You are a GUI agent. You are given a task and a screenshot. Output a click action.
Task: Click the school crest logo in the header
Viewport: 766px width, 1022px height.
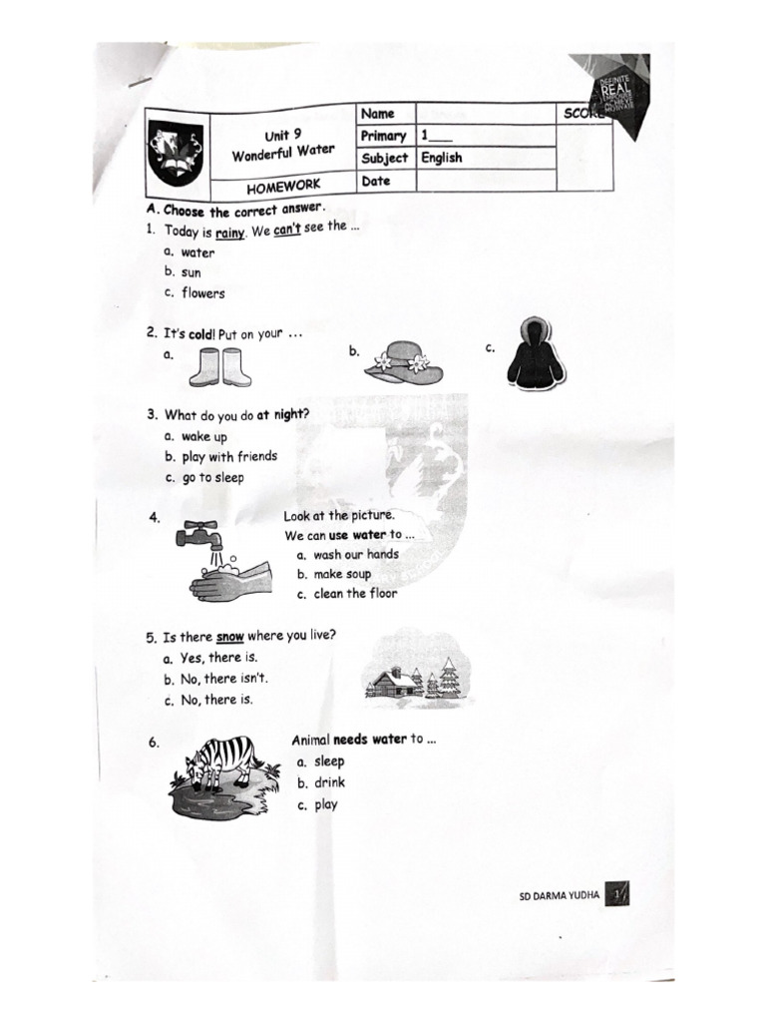(176, 153)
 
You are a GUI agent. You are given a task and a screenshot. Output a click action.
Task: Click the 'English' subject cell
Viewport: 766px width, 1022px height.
(442, 158)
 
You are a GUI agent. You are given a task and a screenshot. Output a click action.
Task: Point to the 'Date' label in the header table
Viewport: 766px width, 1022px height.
(376, 181)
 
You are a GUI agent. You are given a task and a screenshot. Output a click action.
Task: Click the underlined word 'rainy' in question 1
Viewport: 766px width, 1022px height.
(230, 233)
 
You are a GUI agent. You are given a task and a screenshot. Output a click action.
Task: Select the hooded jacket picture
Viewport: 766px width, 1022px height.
(536, 354)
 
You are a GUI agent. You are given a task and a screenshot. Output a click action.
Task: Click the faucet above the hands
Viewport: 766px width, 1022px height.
(200, 535)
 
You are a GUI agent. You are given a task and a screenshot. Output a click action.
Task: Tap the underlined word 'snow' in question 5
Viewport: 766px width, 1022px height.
(230, 636)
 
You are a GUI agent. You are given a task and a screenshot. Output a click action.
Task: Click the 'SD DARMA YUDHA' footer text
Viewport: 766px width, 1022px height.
(560, 895)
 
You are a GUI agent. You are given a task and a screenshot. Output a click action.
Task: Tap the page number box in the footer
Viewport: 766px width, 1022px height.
(620, 893)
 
